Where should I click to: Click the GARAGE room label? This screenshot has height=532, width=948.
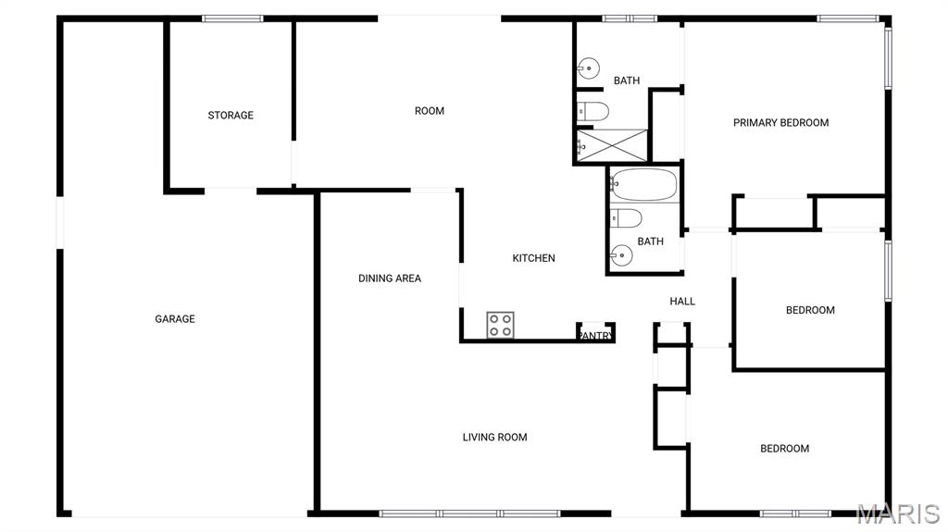175,318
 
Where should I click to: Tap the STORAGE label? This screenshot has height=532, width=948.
231,115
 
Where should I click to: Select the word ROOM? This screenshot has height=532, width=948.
430,111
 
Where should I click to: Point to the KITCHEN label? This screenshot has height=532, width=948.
533,258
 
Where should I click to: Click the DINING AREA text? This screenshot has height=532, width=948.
390,278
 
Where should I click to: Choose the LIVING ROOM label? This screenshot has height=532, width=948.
494,437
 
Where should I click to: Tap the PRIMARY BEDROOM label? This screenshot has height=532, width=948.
780,123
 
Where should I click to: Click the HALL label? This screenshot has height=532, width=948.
682,301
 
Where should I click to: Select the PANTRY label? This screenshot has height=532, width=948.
596,336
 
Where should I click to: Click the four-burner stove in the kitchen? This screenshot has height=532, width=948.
501,326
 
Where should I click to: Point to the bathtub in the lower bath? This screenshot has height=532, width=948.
643,184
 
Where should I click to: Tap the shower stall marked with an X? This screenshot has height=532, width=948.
612,145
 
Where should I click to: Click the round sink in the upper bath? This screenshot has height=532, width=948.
588,68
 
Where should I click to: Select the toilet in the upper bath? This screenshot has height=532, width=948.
592,111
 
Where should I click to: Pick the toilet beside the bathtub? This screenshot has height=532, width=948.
626,217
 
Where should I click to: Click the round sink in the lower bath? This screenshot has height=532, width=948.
621,255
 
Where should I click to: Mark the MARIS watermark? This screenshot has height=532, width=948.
898,513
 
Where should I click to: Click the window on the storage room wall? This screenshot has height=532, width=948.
232,19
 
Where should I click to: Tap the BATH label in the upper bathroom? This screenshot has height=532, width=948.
627,80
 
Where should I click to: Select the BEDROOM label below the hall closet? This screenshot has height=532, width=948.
784,449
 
